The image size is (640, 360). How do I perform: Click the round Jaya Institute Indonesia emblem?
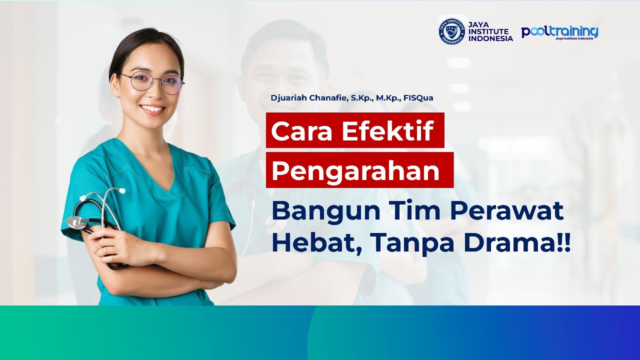(x=451, y=31)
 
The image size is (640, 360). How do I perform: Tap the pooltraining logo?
(x=559, y=32)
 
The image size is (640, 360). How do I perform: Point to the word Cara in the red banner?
(x=302, y=131)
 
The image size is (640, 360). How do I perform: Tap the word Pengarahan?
(x=355, y=170)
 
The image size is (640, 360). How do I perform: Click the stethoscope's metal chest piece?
(x=76, y=222)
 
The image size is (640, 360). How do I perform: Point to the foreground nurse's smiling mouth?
(x=152, y=108)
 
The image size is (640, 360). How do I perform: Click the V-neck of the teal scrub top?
(x=165, y=185)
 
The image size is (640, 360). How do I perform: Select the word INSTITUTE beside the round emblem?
(x=488, y=31)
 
